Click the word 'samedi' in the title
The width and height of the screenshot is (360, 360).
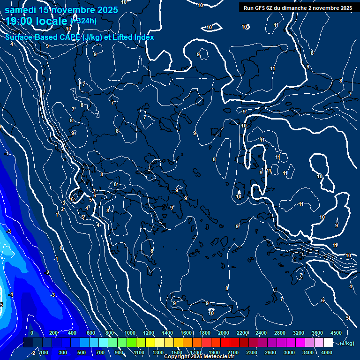(19, 10)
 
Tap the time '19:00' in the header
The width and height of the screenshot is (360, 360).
(20, 21)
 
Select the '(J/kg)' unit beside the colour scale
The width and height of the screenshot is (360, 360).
(347, 344)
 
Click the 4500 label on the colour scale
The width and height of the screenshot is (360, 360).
(336, 332)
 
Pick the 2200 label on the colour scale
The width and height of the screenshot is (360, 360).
(242, 332)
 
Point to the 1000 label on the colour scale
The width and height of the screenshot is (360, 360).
(130, 332)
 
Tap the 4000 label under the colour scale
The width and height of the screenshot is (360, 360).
(327, 352)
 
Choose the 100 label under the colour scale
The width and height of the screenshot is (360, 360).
(45, 352)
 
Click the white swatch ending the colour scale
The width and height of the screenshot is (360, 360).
(328, 343)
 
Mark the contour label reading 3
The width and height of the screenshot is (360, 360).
(63, 203)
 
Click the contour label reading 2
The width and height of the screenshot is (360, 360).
(62, 209)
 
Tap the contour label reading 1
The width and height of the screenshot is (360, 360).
(57, 215)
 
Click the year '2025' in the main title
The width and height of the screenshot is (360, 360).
(107, 10)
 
